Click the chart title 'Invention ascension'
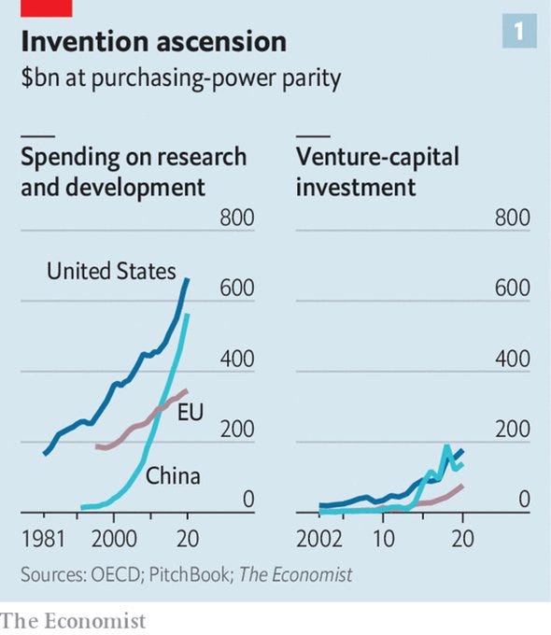point(153,42)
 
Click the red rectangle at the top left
point(36,7)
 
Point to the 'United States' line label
point(111,272)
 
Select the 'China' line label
point(173,476)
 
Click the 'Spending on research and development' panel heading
point(133,171)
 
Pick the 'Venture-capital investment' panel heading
point(377,171)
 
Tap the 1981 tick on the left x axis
point(43,539)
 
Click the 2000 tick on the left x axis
point(112,539)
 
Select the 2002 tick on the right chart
point(320,539)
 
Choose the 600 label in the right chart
point(512,289)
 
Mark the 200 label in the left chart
point(236,430)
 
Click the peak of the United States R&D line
point(187,279)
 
